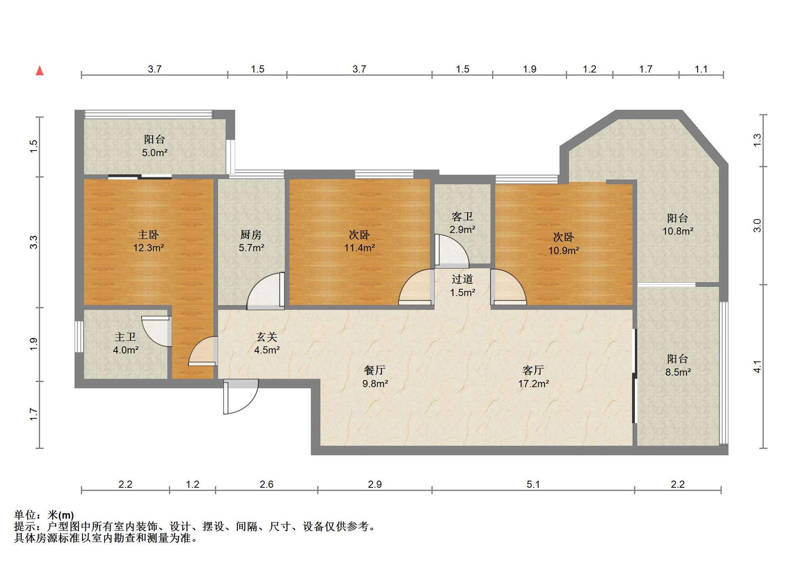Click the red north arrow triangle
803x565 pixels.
coord(40,71)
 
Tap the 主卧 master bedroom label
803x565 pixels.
coord(148,234)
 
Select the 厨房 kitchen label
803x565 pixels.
coord(251,234)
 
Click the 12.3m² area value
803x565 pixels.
coord(148,248)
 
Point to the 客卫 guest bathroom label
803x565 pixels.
coord(462,216)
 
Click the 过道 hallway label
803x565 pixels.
coord(462,279)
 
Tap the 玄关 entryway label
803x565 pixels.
coord(267,337)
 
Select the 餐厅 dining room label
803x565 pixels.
coord(375,370)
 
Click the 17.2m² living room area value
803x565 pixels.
coord(534,384)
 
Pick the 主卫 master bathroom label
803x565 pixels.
coord(125,337)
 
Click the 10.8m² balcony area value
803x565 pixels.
coord(678,231)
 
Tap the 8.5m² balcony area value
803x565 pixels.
coord(678,372)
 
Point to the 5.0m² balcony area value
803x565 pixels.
coord(155,153)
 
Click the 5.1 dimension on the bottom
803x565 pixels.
coord(533,484)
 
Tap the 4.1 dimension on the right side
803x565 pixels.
coord(757,366)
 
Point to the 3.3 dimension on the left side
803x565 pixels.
coord(33,242)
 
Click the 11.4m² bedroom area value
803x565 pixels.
coord(360,248)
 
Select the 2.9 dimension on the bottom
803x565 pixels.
coord(375,484)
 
